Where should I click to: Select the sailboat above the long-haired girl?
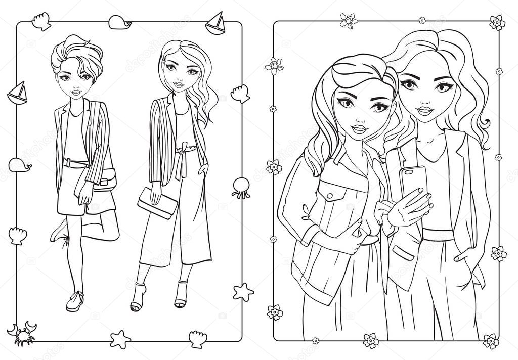(215, 23)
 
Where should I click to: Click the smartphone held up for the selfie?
(413, 183)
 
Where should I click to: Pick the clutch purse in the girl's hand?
(157, 203)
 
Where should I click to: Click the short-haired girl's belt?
(75, 163)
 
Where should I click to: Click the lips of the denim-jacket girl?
(360, 129)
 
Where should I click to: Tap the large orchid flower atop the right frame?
(348, 20)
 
